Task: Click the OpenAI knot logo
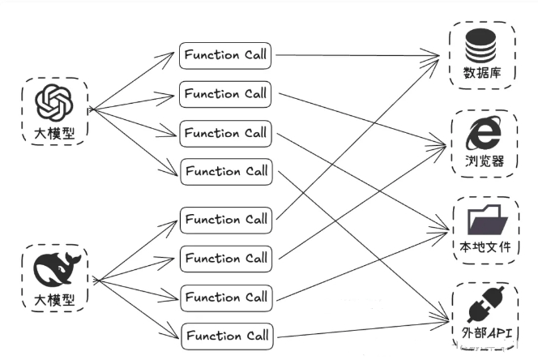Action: click(54, 103)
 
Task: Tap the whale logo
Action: click(57, 270)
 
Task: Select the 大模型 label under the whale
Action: click(54, 300)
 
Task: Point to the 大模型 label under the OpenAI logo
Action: click(54, 133)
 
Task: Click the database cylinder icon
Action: click(480, 46)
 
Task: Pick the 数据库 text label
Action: click(482, 73)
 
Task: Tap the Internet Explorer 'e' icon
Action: click(483, 133)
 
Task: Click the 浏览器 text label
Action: click(485, 161)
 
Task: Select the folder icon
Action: click(487, 220)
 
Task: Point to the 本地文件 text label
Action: click(485, 247)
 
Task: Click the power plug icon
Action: click(485, 305)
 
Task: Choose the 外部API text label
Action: click(486, 332)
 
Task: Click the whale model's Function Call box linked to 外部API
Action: click(227, 336)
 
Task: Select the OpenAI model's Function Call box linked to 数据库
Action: click(225, 56)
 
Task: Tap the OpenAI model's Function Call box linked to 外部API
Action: click(226, 172)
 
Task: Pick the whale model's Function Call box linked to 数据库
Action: click(226, 221)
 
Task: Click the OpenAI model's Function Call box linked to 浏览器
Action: click(225, 94)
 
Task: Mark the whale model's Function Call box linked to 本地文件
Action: click(226, 298)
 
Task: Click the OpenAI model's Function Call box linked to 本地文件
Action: click(226, 133)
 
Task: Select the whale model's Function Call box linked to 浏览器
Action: click(226, 259)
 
